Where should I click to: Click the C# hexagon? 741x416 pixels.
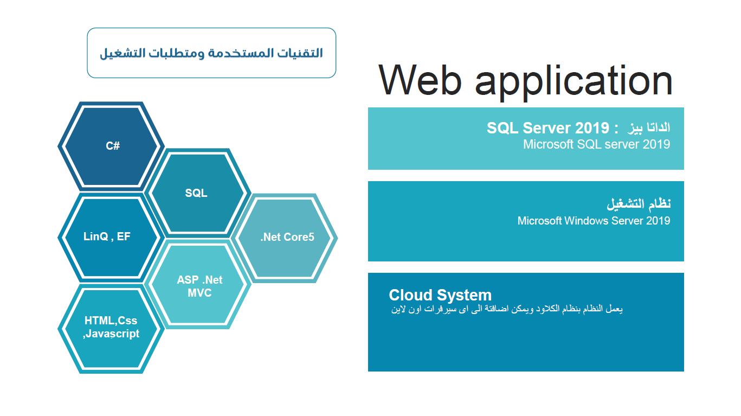[x=112, y=146]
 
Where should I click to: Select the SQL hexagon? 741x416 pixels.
[x=196, y=193]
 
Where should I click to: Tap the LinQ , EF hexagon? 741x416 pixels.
[x=107, y=237]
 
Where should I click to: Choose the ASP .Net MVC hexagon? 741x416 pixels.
[x=199, y=286]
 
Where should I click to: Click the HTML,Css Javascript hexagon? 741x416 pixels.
[x=111, y=327]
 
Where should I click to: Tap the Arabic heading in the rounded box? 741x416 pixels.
[x=211, y=53]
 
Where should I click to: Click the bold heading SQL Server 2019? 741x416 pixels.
[x=548, y=128]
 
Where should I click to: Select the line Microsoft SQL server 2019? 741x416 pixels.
[x=596, y=145]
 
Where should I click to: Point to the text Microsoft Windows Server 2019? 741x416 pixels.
[x=594, y=221]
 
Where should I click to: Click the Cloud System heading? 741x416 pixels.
[x=440, y=295]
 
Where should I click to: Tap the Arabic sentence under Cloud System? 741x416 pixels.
[x=507, y=310]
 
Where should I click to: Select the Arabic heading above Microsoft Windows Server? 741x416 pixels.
[x=639, y=204]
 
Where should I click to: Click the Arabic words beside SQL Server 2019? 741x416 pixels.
[x=649, y=128]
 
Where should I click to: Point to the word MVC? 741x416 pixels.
[x=199, y=293]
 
